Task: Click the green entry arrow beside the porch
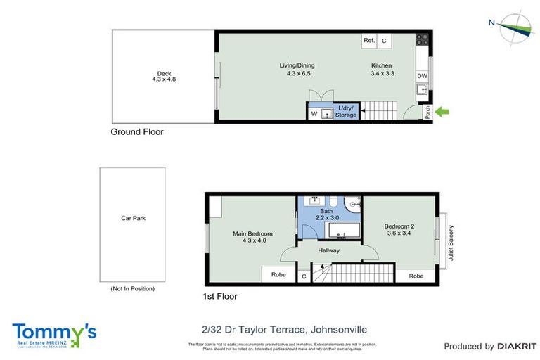pos(443,111)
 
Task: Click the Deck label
pos(164,73)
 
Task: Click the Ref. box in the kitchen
pos(369,41)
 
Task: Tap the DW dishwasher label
pos(422,76)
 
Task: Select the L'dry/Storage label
pos(346,112)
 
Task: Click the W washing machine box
pos(314,113)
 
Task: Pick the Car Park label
pos(132,218)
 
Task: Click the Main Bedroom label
pos(252,233)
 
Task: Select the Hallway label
pos(328,250)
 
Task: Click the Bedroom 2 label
pos(399,226)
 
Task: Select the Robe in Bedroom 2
pos(416,276)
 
